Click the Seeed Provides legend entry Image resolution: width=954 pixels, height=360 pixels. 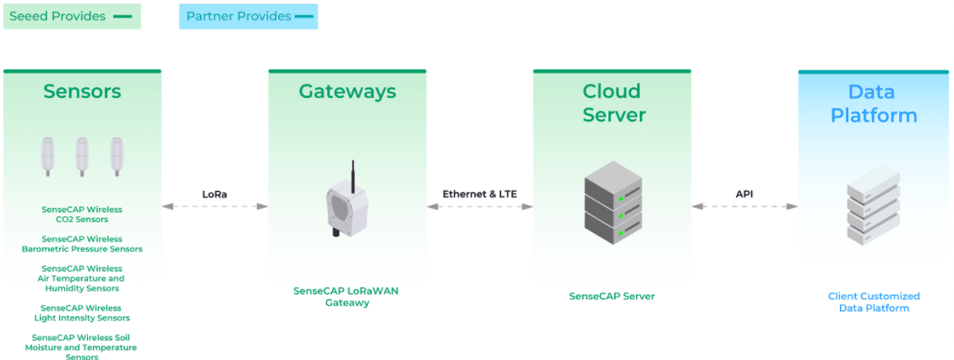pyautogui.click(x=71, y=16)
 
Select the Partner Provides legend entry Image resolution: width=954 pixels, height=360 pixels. pyautogui.click(x=248, y=16)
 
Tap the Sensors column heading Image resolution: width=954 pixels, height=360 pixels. pyautogui.click(x=82, y=91)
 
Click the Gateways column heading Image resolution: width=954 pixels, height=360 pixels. pyautogui.click(x=347, y=91)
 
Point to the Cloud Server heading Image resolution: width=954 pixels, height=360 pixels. pyautogui.click(x=613, y=102)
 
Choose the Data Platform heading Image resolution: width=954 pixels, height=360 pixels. pyautogui.click(x=874, y=103)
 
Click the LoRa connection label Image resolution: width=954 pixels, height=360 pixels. pyautogui.click(x=215, y=194)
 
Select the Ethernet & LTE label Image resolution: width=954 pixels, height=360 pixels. pyautogui.click(x=479, y=194)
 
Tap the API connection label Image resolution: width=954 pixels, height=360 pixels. pyautogui.click(x=744, y=194)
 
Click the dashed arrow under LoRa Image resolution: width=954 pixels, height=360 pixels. pyautogui.click(x=215, y=206)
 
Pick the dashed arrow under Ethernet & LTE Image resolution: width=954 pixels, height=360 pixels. pyautogui.click(x=479, y=206)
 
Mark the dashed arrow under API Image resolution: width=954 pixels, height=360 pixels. pyautogui.click(x=744, y=206)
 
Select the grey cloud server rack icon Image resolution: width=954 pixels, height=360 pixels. pyautogui.click(x=613, y=203)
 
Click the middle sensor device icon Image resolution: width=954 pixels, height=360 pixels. pyautogui.click(x=82, y=155)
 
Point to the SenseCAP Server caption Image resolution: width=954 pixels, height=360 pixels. pyautogui.click(x=612, y=297)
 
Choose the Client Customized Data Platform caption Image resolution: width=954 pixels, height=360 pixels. pyautogui.click(x=874, y=303)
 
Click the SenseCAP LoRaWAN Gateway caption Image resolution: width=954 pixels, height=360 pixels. pyautogui.click(x=346, y=297)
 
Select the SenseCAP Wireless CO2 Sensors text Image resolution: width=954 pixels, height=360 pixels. pyautogui.click(x=82, y=215)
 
